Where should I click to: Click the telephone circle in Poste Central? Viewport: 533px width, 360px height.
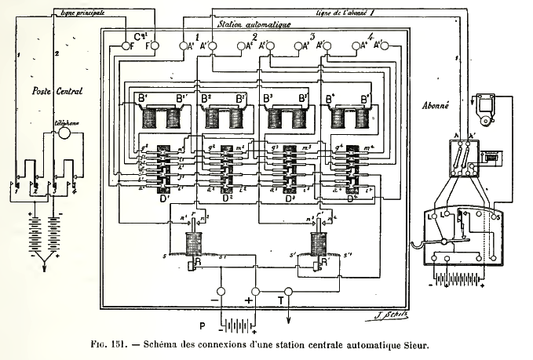click(66, 134)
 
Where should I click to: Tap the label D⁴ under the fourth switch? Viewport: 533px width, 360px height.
click(352, 198)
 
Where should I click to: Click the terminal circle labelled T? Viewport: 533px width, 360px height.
click(287, 293)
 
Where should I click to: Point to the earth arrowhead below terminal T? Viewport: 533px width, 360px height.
click(287, 317)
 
